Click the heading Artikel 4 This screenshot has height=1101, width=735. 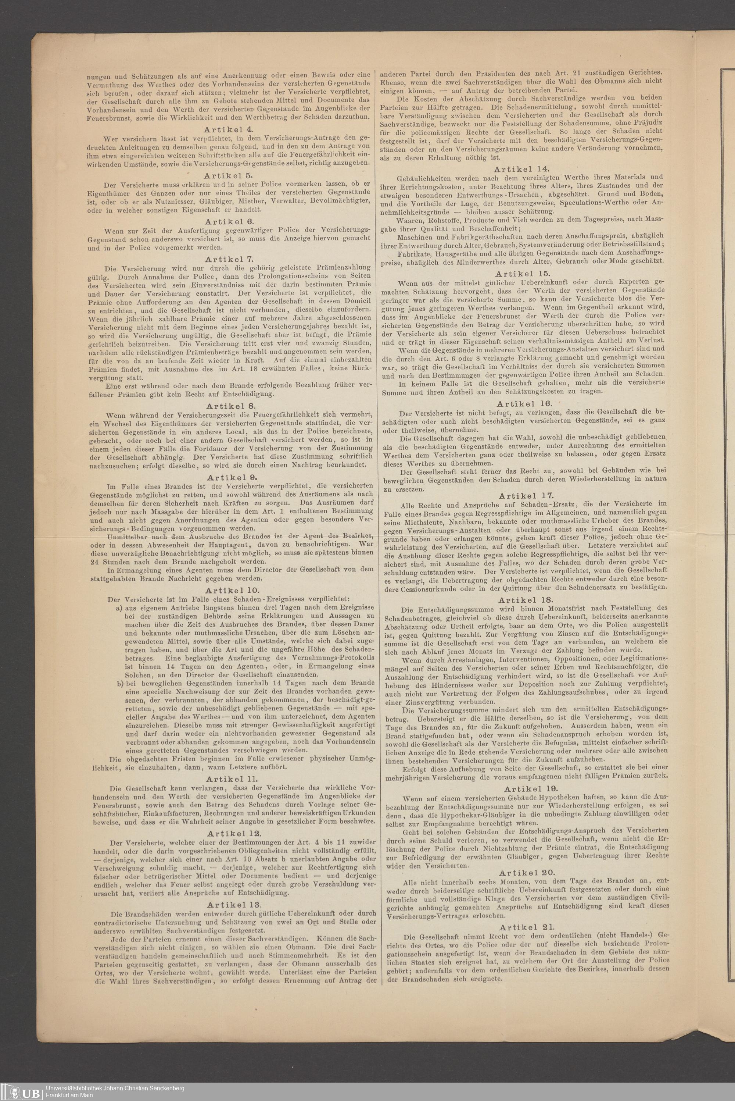pos(230,129)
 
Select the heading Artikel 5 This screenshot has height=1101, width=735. pos(230,175)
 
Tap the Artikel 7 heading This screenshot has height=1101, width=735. pos(230,259)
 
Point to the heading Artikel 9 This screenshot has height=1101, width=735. pos(230,477)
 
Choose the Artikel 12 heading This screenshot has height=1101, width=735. pos(230,833)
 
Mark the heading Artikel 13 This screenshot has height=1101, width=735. pos(230,888)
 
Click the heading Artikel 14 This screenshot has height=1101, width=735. pos(521,169)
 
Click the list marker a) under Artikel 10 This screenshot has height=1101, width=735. pos(119,608)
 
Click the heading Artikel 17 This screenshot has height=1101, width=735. pos(526,496)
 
